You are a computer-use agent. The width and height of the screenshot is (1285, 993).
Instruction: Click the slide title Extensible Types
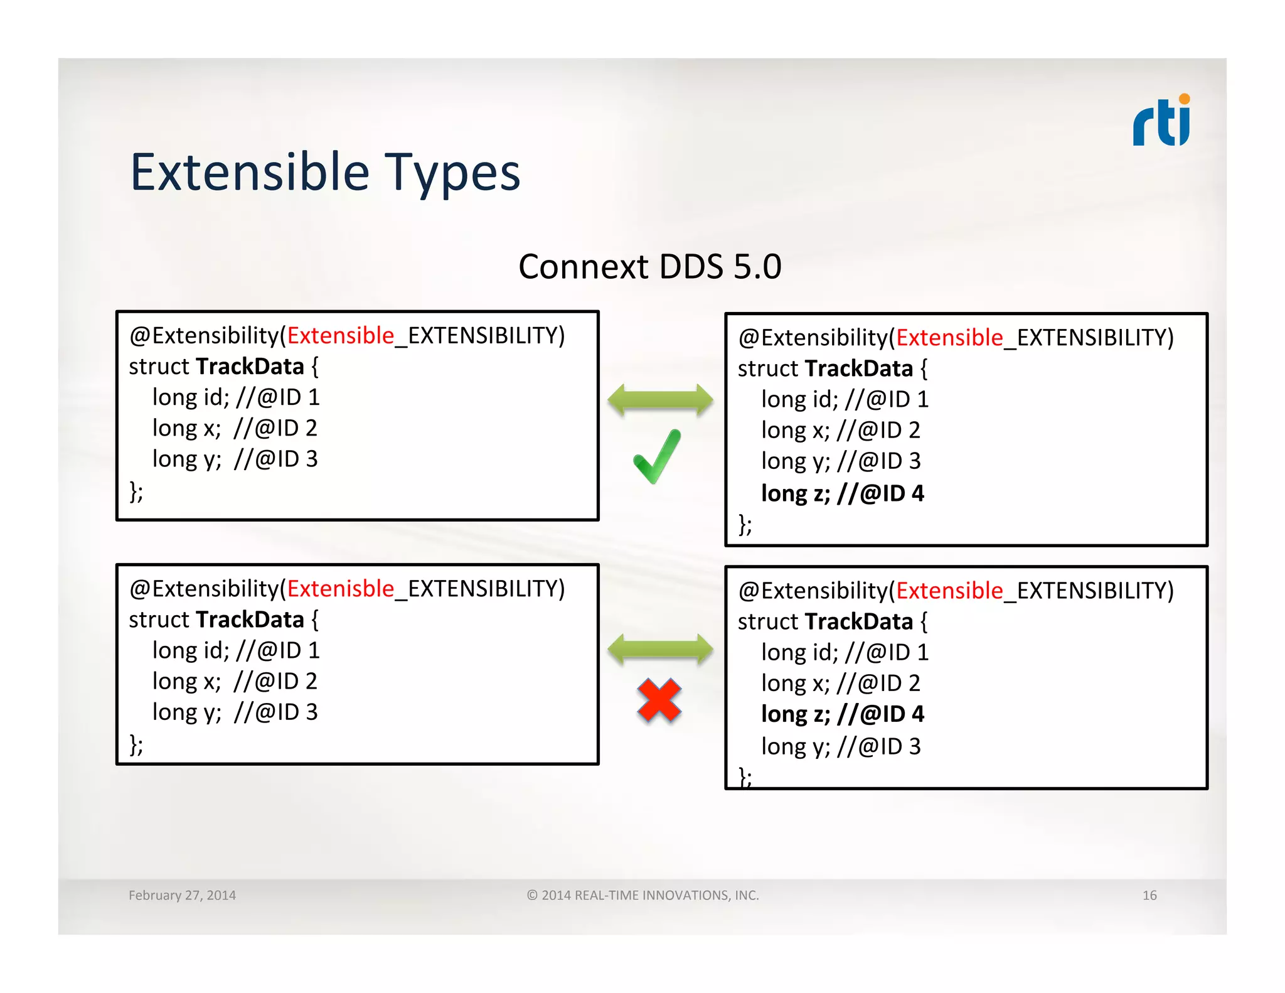tap(325, 173)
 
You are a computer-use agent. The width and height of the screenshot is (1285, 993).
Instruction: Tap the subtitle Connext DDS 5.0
tap(649, 267)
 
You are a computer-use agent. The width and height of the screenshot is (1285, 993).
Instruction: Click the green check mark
tap(656, 457)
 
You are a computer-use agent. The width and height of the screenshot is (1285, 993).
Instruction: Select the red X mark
tap(659, 700)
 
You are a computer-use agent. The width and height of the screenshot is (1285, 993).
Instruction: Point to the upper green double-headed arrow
tap(660, 400)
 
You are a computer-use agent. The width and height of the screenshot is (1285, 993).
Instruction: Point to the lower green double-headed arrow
tap(660, 649)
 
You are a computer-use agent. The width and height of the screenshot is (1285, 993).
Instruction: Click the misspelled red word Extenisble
tap(340, 589)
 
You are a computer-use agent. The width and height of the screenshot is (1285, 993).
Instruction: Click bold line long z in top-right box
tap(842, 493)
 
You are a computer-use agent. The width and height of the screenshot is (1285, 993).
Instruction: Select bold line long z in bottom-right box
tap(842, 714)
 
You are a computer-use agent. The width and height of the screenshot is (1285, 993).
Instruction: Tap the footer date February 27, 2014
tap(182, 895)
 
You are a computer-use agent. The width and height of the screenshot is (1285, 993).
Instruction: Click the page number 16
tap(1149, 895)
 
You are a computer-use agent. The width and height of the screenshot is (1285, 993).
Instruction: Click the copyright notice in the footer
tap(642, 895)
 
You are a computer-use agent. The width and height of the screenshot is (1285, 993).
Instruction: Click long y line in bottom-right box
tap(840, 746)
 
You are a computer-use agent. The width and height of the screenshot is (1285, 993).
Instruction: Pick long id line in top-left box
tap(236, 397)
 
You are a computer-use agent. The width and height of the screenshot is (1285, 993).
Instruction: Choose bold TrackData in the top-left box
tap(250, 367)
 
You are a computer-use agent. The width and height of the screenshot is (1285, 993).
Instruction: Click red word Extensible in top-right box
tap(949, 338)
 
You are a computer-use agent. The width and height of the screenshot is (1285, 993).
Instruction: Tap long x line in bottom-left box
tap(234, 681)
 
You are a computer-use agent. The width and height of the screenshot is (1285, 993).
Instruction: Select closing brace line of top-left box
tap(136, 491)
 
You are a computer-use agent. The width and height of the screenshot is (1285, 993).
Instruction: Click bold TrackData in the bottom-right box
tap(858, 621)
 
